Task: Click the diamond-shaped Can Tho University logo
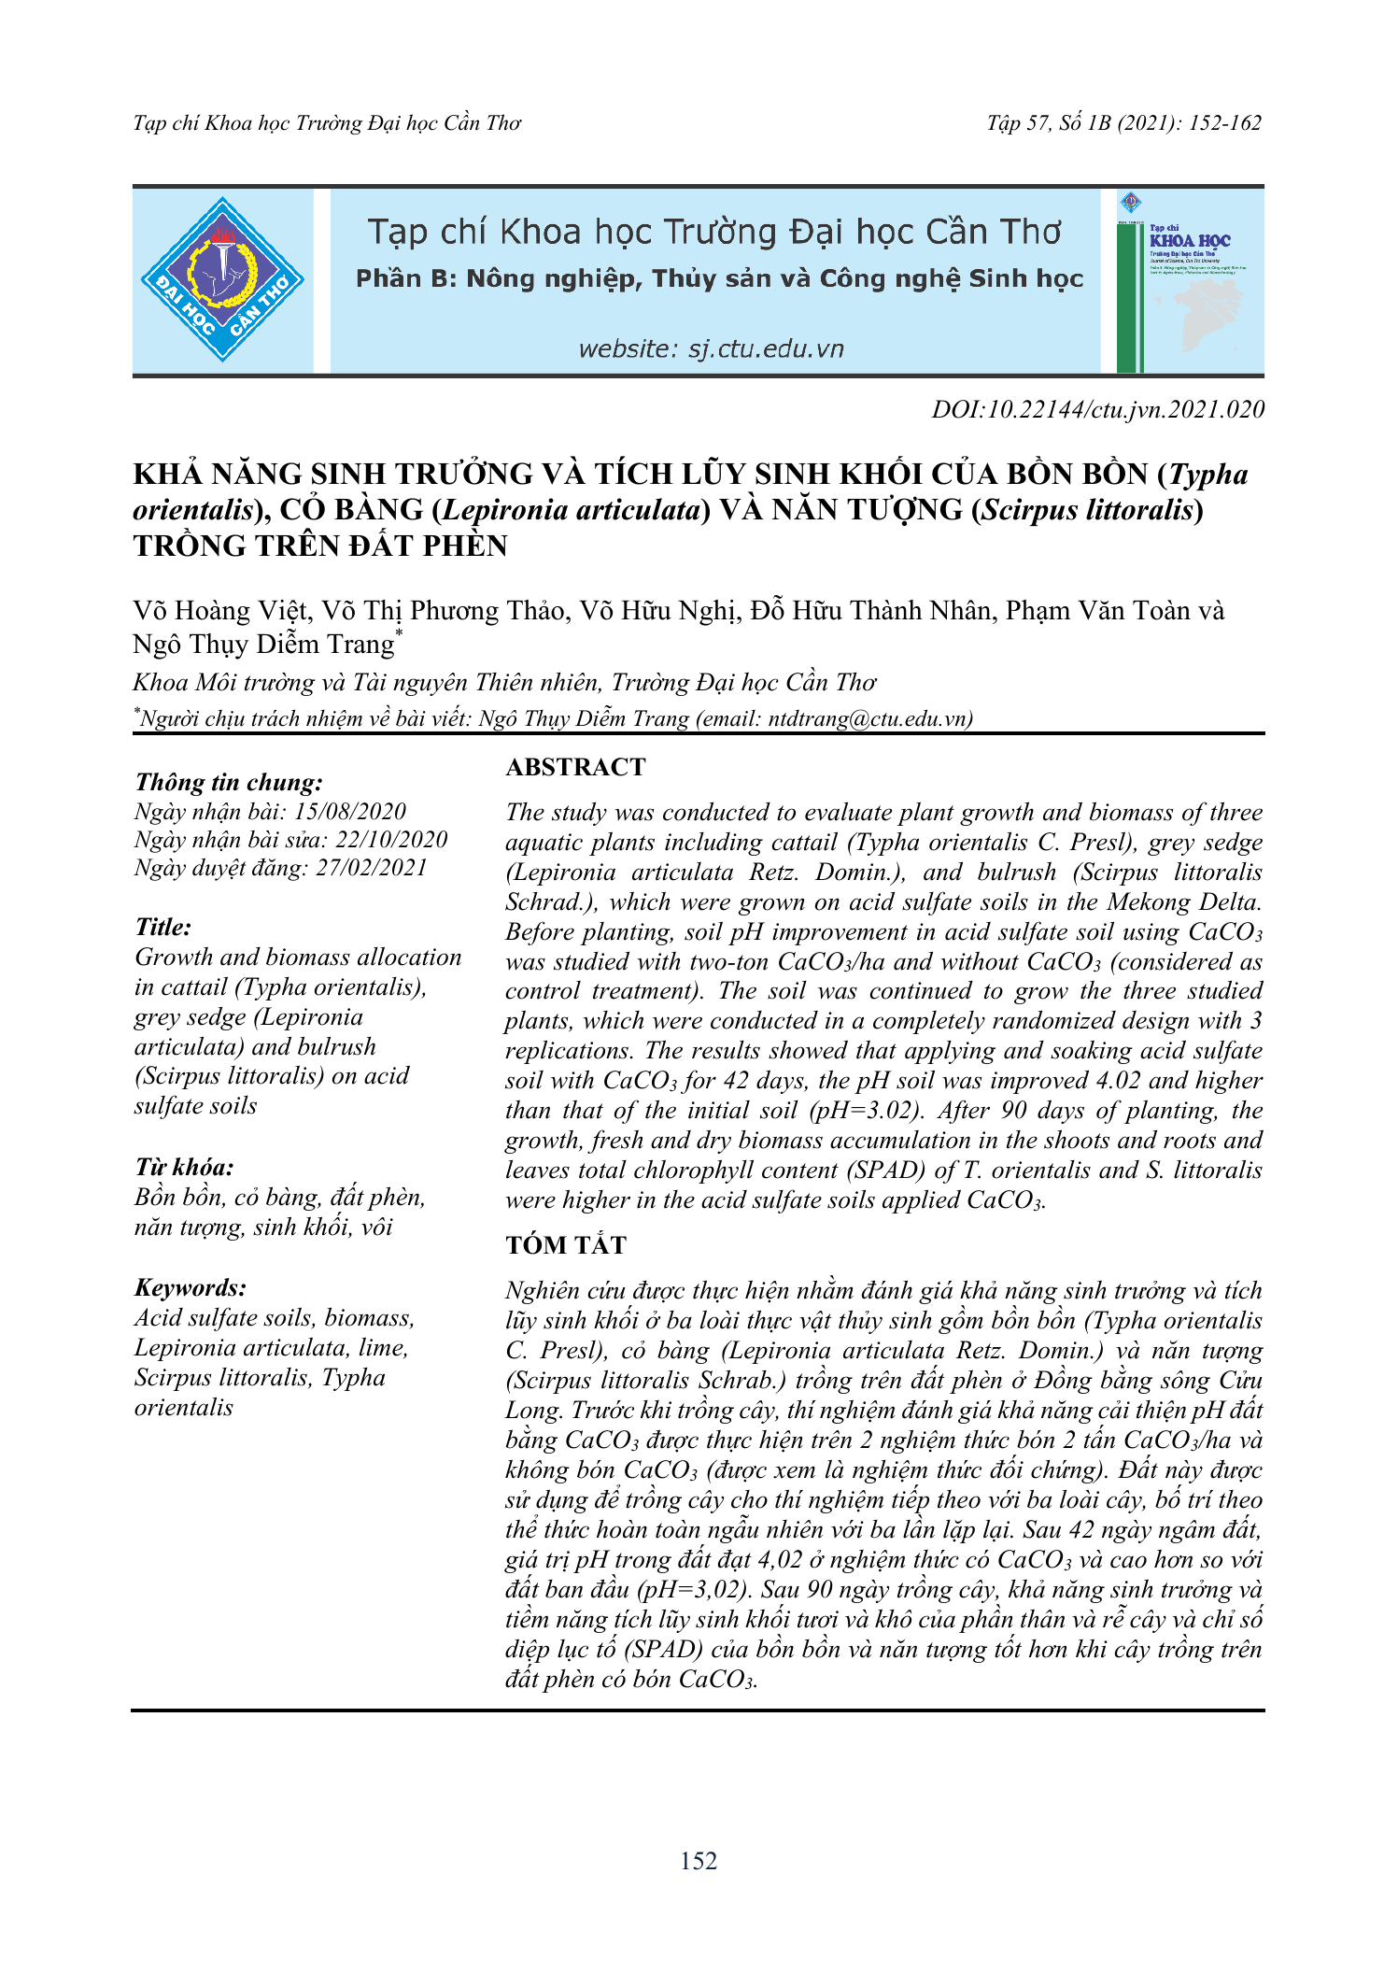[222, 279]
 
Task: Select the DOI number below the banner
[1098, 409]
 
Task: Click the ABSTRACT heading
[575, 767]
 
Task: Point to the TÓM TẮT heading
[566, 1245]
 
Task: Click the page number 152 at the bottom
[699, 1861]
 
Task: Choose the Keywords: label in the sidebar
[191, 1287]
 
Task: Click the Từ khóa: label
[184, 1168]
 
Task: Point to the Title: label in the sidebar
[163, 927]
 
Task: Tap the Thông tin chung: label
[229, 782]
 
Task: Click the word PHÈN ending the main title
[464, 546]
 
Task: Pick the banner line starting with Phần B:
[719, 279]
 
